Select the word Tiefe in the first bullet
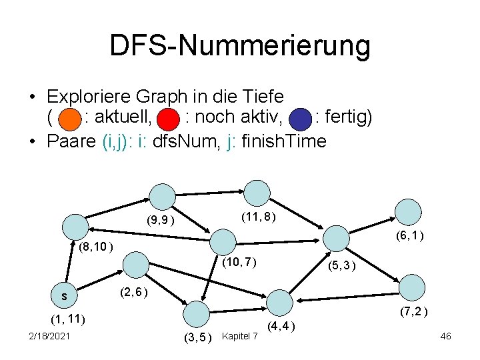261,97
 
